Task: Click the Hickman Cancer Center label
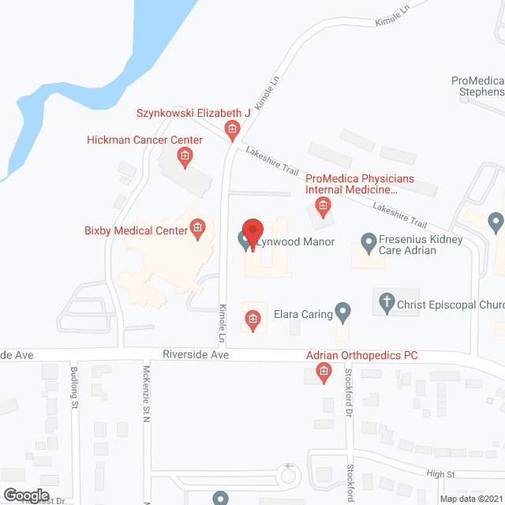click(144, 140)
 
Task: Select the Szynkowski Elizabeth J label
click(193, 114)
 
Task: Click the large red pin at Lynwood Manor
click(252, 231)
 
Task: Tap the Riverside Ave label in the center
click(196, 356)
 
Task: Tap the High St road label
click(459, 473)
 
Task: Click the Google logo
click(25, 494)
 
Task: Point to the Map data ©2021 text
click(470, 499)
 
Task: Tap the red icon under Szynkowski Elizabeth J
click(232, 129)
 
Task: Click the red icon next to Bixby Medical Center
click(197, 230)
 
